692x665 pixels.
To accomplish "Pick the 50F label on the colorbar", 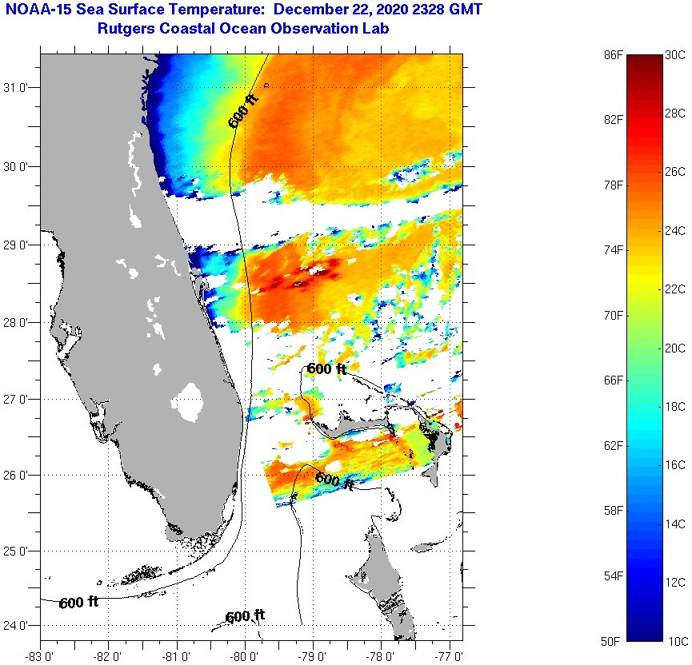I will (x=612, y=641).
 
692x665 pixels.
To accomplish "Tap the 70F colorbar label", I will (x=612, y=316).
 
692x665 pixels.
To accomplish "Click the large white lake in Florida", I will (x=190, y=402).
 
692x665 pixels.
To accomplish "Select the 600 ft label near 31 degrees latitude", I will (x=243, y=111).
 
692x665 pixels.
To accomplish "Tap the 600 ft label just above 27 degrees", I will (x=326, y=368).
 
